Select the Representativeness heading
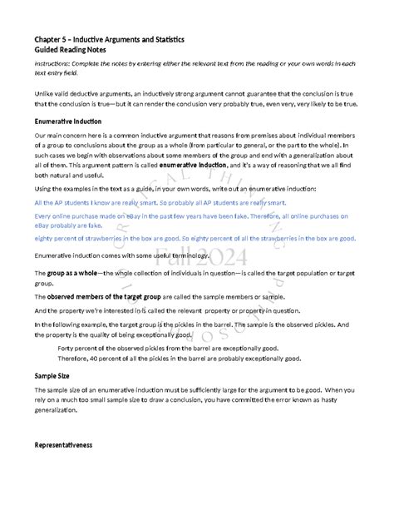(69, 445)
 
